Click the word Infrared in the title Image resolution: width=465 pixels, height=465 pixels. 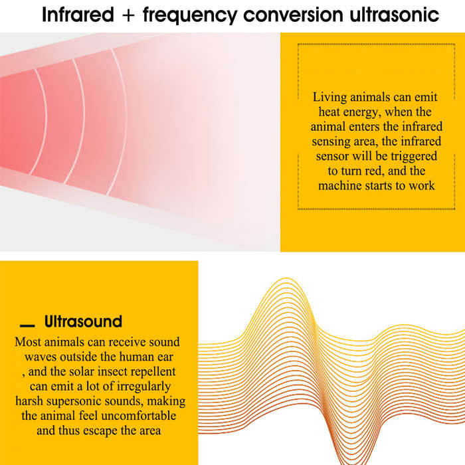click(78, 15)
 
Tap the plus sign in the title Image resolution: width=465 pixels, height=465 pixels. click(128, 15)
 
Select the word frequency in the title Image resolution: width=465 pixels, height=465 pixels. click(190, 15)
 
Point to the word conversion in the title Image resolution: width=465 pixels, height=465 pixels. click(293, 15)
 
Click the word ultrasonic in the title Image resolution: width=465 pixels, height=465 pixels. click(395, 15)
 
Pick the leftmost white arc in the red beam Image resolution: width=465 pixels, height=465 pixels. click(41, 122)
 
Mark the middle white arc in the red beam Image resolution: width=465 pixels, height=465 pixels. click(78, 122)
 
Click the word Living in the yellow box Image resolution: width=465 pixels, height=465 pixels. click(329, 98)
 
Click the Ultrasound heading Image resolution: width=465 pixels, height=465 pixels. click(83, 321)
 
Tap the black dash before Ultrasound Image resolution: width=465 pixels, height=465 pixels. click(27, 325)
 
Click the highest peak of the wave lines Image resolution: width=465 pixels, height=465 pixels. click(286, 278)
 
